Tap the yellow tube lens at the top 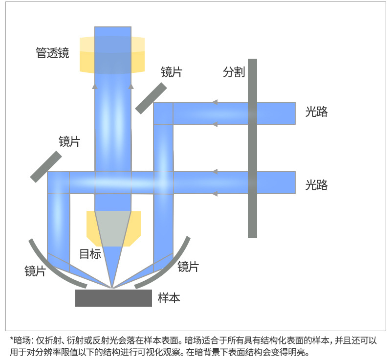tap(87, 54)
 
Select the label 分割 tap(234, 72)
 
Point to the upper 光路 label tap(316, 112)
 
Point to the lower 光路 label tap(316, 185)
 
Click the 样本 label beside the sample tap(169, 298)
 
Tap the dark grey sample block tap(113, 298)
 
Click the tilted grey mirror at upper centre tap(151, 98)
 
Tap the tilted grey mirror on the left tap(46, 167)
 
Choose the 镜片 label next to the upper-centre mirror tap(172, 72)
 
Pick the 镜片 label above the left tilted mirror tap(69, 141)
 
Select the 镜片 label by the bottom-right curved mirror tap(188, 267)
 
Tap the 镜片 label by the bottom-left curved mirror tap(35, 271)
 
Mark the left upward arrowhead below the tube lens tap(95, 87)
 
